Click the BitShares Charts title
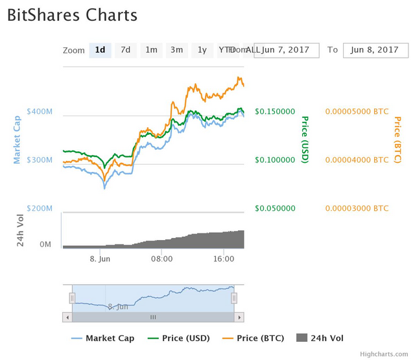72,16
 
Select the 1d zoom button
100,50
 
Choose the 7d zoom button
126,50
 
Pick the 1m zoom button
151,50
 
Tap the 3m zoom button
176,50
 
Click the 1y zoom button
202,50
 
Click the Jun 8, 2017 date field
375,50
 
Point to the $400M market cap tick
40,112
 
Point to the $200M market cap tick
40,208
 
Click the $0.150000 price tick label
275,112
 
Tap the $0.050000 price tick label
275,208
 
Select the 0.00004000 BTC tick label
356,160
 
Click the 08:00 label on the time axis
161,259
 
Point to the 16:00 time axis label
224,259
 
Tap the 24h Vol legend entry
320,338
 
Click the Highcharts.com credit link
385,354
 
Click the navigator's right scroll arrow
239,317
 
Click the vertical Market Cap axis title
18,139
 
